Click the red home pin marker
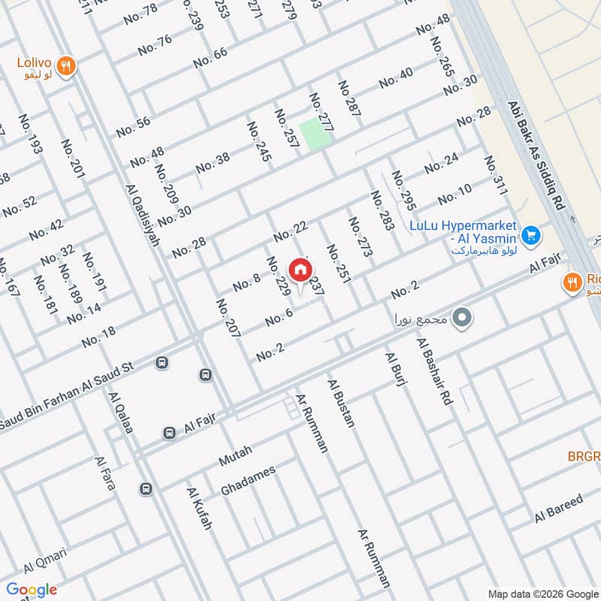[300, 270]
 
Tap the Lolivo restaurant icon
[67, 66]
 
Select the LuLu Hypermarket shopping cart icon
[531, 236]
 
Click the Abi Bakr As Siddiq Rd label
[536, 156]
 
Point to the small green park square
[315, 133]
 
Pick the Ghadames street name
[248, 480]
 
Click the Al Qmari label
[45, 560]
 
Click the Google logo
[32, 590]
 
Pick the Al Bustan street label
[340, 403]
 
